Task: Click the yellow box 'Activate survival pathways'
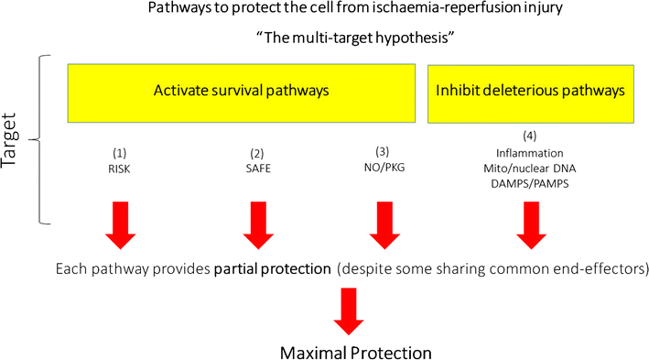click(242, 91)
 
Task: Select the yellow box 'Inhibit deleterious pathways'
click(531, 91)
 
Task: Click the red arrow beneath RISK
click(120, 225)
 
